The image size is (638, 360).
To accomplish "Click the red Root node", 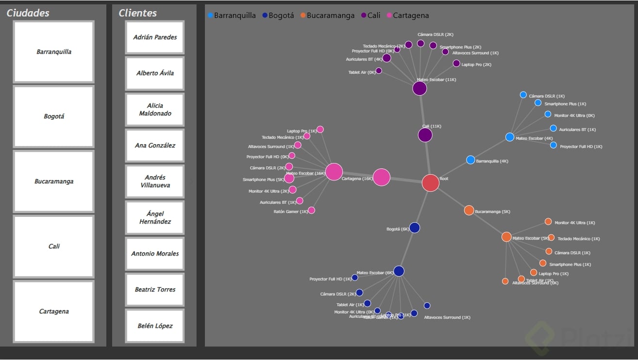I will coord(430,183).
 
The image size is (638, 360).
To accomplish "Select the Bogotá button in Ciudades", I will coord(54,116).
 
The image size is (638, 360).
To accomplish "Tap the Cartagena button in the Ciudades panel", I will coord(54,311).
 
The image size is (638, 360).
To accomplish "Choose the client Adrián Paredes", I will coord(155,37).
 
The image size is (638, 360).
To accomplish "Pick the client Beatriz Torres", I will coord(155,290).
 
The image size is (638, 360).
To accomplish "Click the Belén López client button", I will coord(155,326).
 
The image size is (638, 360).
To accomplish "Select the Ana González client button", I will coord(155,146).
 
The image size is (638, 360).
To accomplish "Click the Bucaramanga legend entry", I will coord(330,16).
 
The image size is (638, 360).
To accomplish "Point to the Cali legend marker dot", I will coord(364,16).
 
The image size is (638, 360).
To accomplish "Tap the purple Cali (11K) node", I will coord(425,135).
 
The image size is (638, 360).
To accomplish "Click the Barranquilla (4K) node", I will coord(470,160).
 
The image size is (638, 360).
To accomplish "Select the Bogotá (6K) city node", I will coord(414,228).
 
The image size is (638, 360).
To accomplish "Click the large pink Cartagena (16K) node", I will coord(382,178).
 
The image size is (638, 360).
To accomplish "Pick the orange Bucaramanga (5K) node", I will coord(469,210).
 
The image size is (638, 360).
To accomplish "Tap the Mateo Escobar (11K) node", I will coord(420,88).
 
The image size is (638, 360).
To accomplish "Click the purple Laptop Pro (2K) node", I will coord(456,64).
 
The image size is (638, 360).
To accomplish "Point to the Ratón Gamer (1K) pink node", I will coord(311,210).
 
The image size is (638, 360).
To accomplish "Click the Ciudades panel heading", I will coord(28,13).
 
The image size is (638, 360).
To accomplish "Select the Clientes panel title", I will coord(138,13).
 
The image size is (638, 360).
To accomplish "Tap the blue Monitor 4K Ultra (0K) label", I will coord(574,115).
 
